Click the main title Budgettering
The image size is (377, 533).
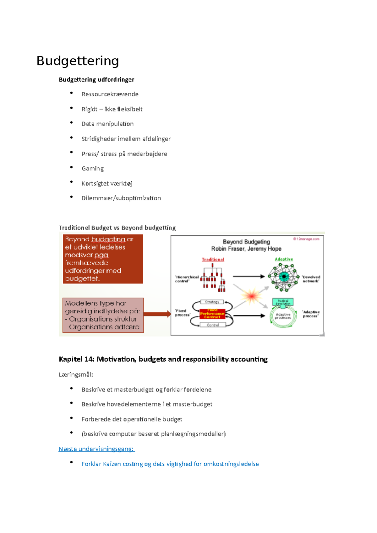78,61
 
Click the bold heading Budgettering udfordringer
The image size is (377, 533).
96,80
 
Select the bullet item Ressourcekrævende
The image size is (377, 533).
110,94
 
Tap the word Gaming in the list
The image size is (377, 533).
93,169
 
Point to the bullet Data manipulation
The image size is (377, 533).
107,124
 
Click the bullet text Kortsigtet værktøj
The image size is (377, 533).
107,184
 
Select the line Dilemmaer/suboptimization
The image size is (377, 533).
121,198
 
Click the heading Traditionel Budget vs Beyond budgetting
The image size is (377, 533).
117,228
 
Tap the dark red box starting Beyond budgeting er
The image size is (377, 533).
103,259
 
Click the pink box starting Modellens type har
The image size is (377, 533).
103,315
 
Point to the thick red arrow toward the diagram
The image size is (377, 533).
157,314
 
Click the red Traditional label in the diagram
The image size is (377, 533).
213,260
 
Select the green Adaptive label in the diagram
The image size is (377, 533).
284,259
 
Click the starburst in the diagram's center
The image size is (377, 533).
252,296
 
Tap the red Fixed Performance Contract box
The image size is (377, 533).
212,314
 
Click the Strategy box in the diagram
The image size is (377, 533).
212,302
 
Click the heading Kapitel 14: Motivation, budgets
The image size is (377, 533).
163,359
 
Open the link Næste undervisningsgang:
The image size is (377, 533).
96,449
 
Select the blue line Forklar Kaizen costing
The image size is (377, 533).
170,464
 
